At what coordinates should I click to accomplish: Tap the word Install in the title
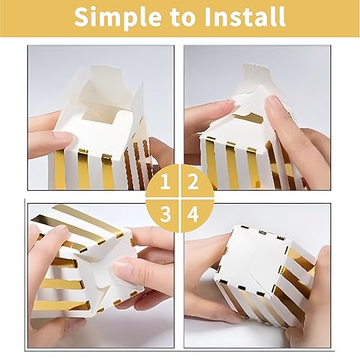[x=243, y=17]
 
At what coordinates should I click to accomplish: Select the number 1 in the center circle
[x=166, y=181]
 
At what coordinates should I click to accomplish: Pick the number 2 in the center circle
[x=192, y=181]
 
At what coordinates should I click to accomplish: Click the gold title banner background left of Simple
[x=36, y=17]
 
